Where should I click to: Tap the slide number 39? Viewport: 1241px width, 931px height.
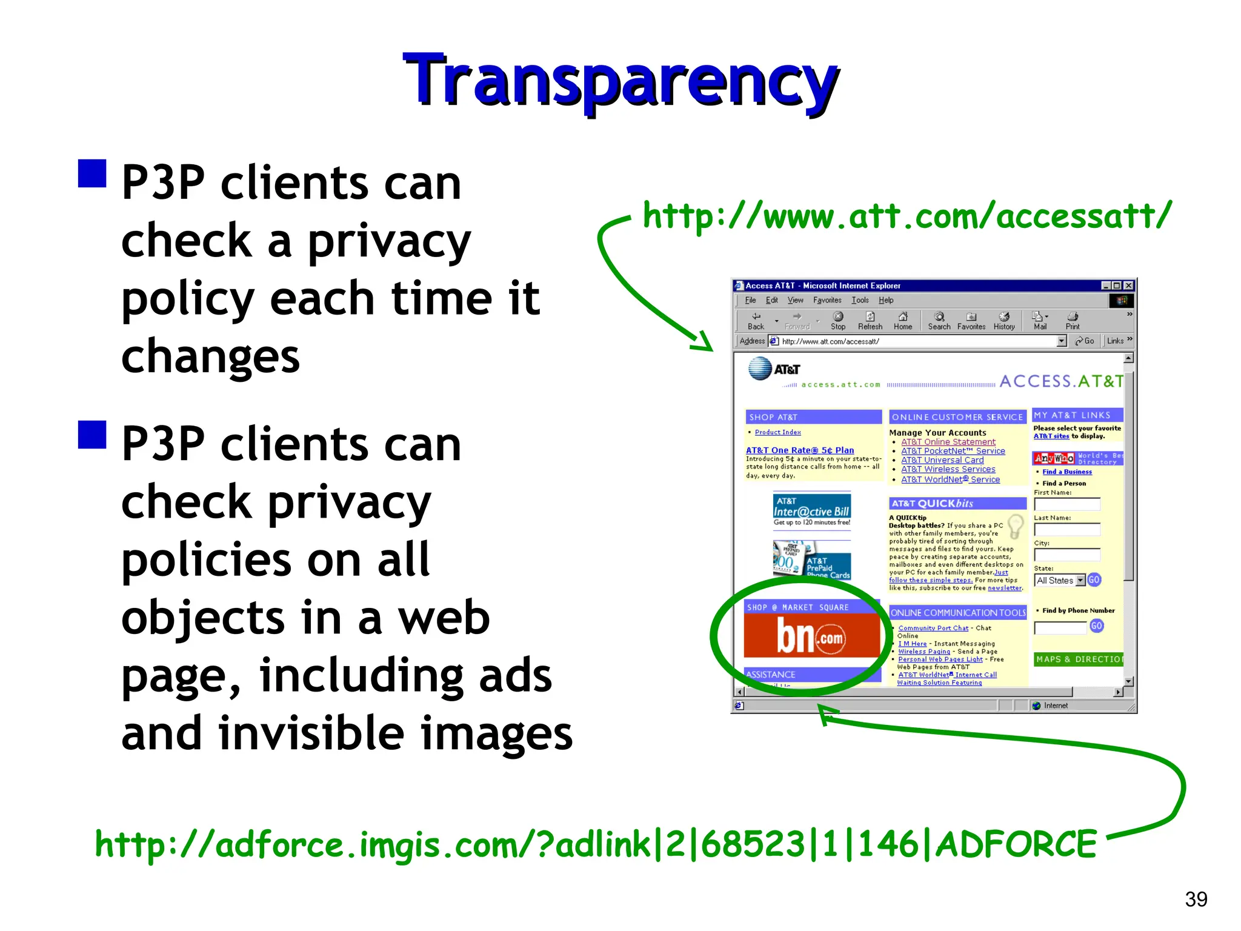click(x=1196, y=899)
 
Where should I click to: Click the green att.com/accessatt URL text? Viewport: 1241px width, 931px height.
click(x=907, y=216)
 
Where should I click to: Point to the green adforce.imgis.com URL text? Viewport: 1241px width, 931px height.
click(x=596, y=844)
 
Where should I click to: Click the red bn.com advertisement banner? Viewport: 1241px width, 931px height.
click(x=811, y=636)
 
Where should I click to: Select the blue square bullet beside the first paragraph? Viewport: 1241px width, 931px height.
click(x=92, y=173)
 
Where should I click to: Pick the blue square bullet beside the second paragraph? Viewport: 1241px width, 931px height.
click(x=92, y=434)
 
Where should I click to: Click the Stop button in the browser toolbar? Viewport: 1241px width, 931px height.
click(x=838, y=321)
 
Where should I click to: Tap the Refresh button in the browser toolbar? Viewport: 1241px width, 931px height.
click(x=870, y=321)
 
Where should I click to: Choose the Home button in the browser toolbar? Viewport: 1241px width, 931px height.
click(x=903, y=321)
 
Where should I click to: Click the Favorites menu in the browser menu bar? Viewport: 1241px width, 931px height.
click(x=827, y=300)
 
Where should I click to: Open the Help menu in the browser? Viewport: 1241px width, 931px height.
click(x=886, y=300)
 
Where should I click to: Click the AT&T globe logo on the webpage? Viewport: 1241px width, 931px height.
click(x=760, y=369)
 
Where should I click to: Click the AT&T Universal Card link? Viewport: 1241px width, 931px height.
click(x=942, y=460)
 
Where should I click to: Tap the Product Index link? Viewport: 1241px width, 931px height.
click(x=777, y=432)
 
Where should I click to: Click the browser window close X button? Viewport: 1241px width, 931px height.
click(x=1128, y=285)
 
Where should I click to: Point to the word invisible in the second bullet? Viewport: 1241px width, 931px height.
click(x=311, y=732)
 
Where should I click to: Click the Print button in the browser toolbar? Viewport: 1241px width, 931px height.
click(x=1073, y=321)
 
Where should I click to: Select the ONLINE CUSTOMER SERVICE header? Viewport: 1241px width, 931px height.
click(x=957, y=417)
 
